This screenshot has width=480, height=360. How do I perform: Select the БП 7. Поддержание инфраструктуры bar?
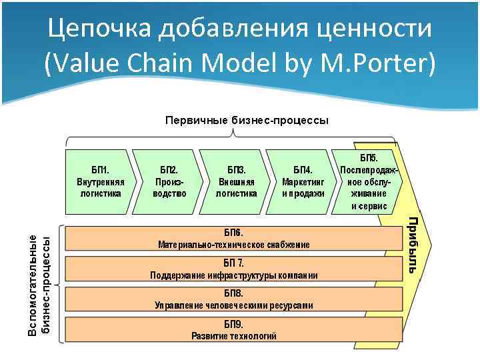[233, 269]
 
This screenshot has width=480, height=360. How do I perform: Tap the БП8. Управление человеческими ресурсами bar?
[233, 299]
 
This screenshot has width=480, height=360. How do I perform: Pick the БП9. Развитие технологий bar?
[233, 329]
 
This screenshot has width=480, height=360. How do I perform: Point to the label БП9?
[233, 323]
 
